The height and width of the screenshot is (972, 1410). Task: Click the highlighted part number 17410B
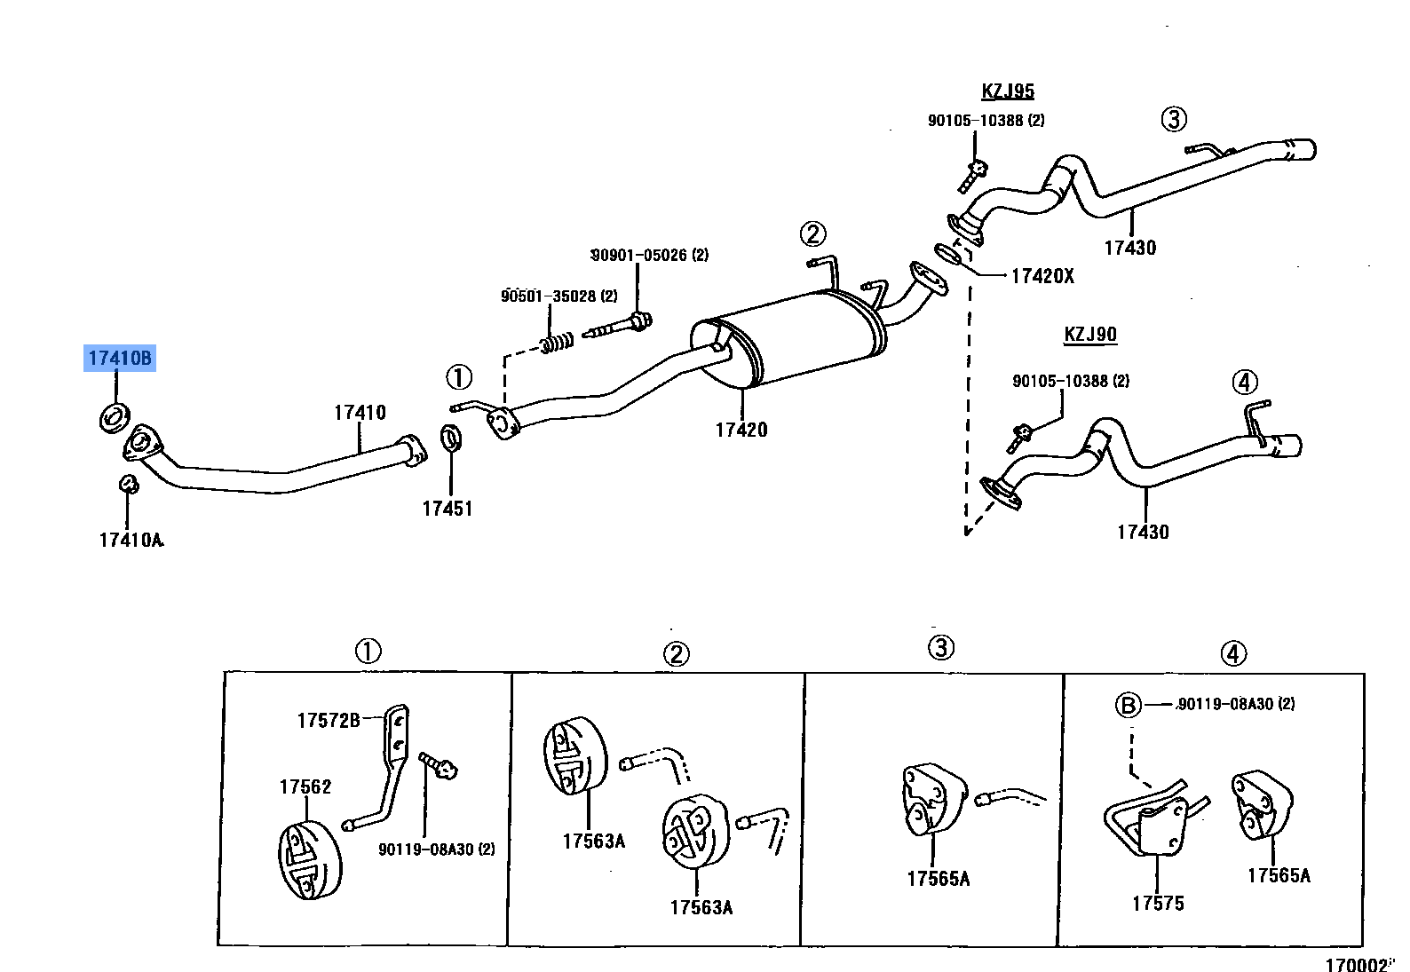click(x=120, y=359)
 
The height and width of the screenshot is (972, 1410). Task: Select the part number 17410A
click(x=131, y=540)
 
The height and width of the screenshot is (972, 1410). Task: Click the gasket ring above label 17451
click(x=451, y=438)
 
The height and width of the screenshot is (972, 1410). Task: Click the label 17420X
click(x=1042, y=276)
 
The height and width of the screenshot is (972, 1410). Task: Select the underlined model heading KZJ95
click(x=1007, y=91)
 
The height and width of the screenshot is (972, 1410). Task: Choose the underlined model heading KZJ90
click(x=1089, y=335)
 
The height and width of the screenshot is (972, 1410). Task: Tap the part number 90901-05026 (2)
click(x=650, y=256)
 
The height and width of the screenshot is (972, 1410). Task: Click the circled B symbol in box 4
click(x=1127, y=706)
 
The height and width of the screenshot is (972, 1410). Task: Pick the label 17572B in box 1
click(x=328, y=721)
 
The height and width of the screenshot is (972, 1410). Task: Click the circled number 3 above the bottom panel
click(x=941, y=648)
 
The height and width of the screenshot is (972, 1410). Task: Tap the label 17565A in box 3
click(x=938, y=879)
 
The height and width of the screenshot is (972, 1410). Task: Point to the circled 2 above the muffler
click(x=812, y=234)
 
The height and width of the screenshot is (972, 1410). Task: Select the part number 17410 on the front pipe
click(x=360, y=413)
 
